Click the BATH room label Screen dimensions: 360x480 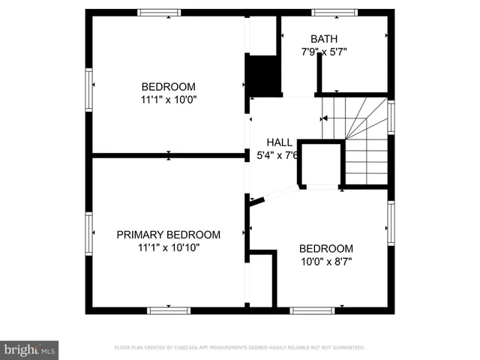(324, 39)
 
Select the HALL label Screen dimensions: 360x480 (279, 142)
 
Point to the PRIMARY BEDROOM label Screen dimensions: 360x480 (169, 234)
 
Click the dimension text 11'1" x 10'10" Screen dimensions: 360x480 (169, 247)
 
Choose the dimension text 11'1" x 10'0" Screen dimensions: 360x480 (169, 98)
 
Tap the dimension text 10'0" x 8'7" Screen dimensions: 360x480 (325, 262)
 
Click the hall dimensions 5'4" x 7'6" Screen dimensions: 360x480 (279, 155)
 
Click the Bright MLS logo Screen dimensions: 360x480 (30, 349)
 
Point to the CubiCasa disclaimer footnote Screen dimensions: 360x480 (239, 347)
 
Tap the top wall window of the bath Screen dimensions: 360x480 (334, 12)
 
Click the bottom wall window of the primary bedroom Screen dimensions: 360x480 (169, 310)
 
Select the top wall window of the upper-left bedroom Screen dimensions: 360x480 (160, 12)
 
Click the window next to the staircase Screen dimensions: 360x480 (391, 118)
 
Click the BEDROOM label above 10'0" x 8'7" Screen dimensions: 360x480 (325, 249)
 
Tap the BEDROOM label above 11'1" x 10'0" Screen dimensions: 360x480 (169, 85)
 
